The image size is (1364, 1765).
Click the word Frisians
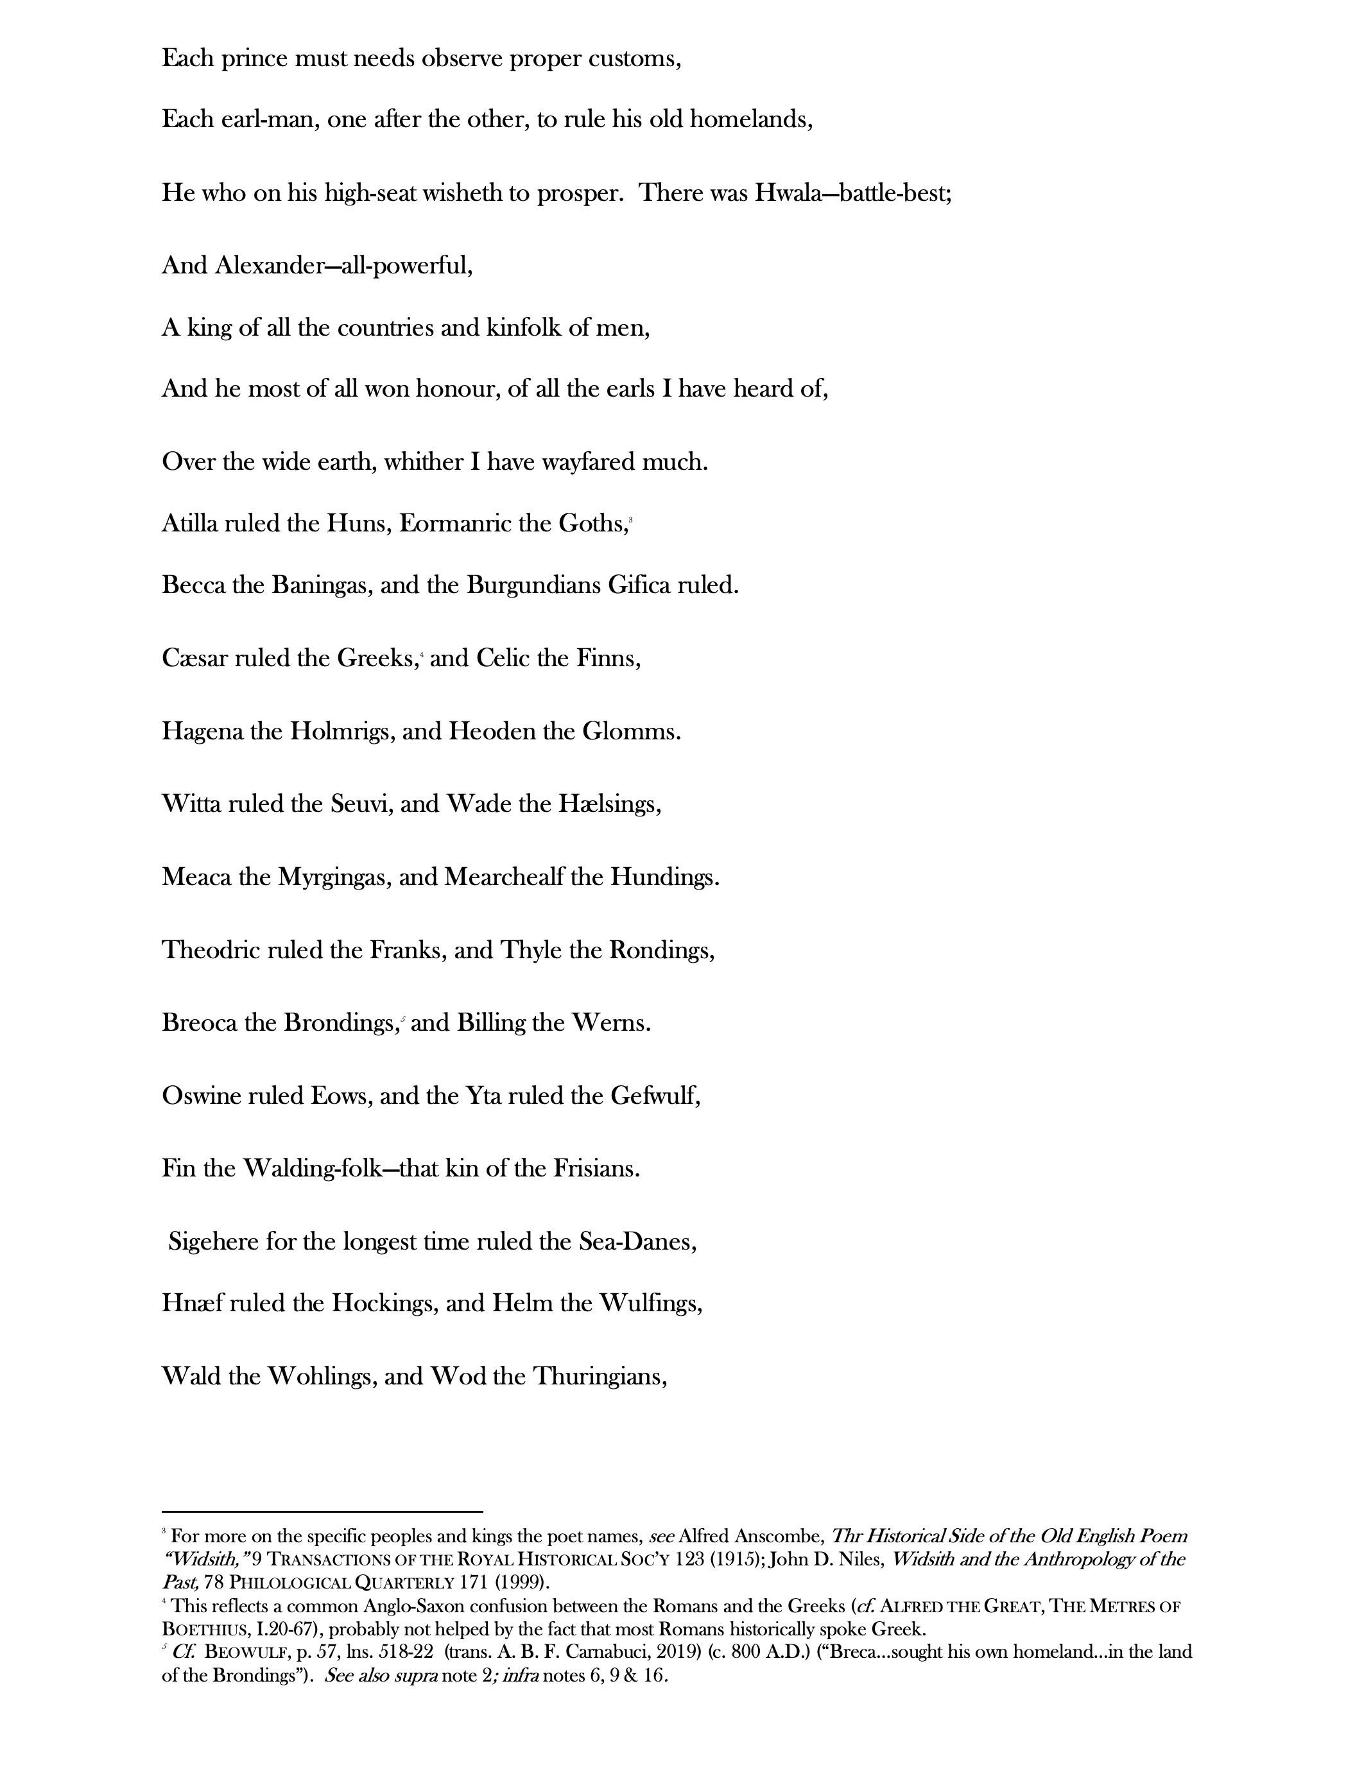pos(596,1169)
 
